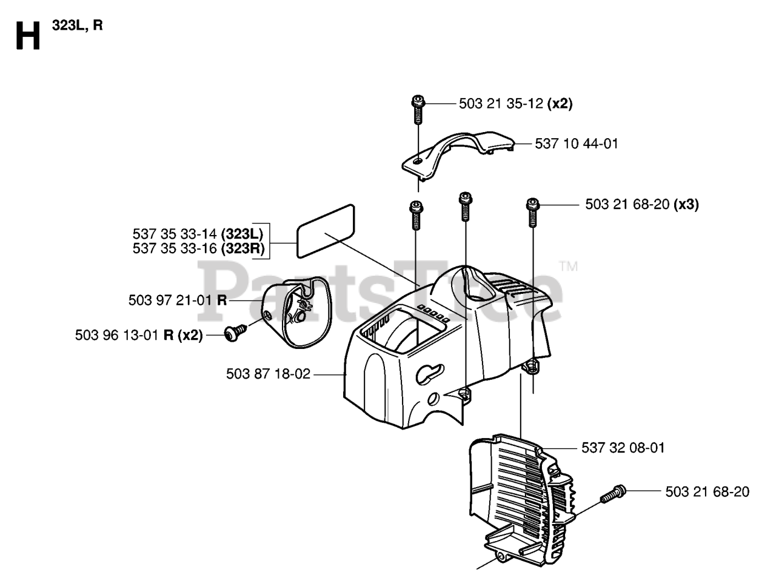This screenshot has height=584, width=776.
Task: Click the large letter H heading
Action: point(27,36)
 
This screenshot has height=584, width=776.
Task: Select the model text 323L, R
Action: point(77,26)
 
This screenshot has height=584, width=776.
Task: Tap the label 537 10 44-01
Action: point(577,144)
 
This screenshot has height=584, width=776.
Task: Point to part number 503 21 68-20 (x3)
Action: point(641,205)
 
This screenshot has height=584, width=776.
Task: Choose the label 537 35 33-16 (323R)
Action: point(198,249)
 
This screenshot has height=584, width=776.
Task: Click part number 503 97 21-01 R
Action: point(178,300)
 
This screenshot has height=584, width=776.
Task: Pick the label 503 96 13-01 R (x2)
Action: point(139,334)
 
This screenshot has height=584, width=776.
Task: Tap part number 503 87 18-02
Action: point(268,374)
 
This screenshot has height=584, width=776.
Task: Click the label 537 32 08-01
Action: point(623,448)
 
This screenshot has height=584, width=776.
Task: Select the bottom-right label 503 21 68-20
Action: point(707,492)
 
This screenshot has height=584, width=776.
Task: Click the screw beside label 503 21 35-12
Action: point(417,108)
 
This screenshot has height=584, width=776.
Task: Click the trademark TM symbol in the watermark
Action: point(568,267)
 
